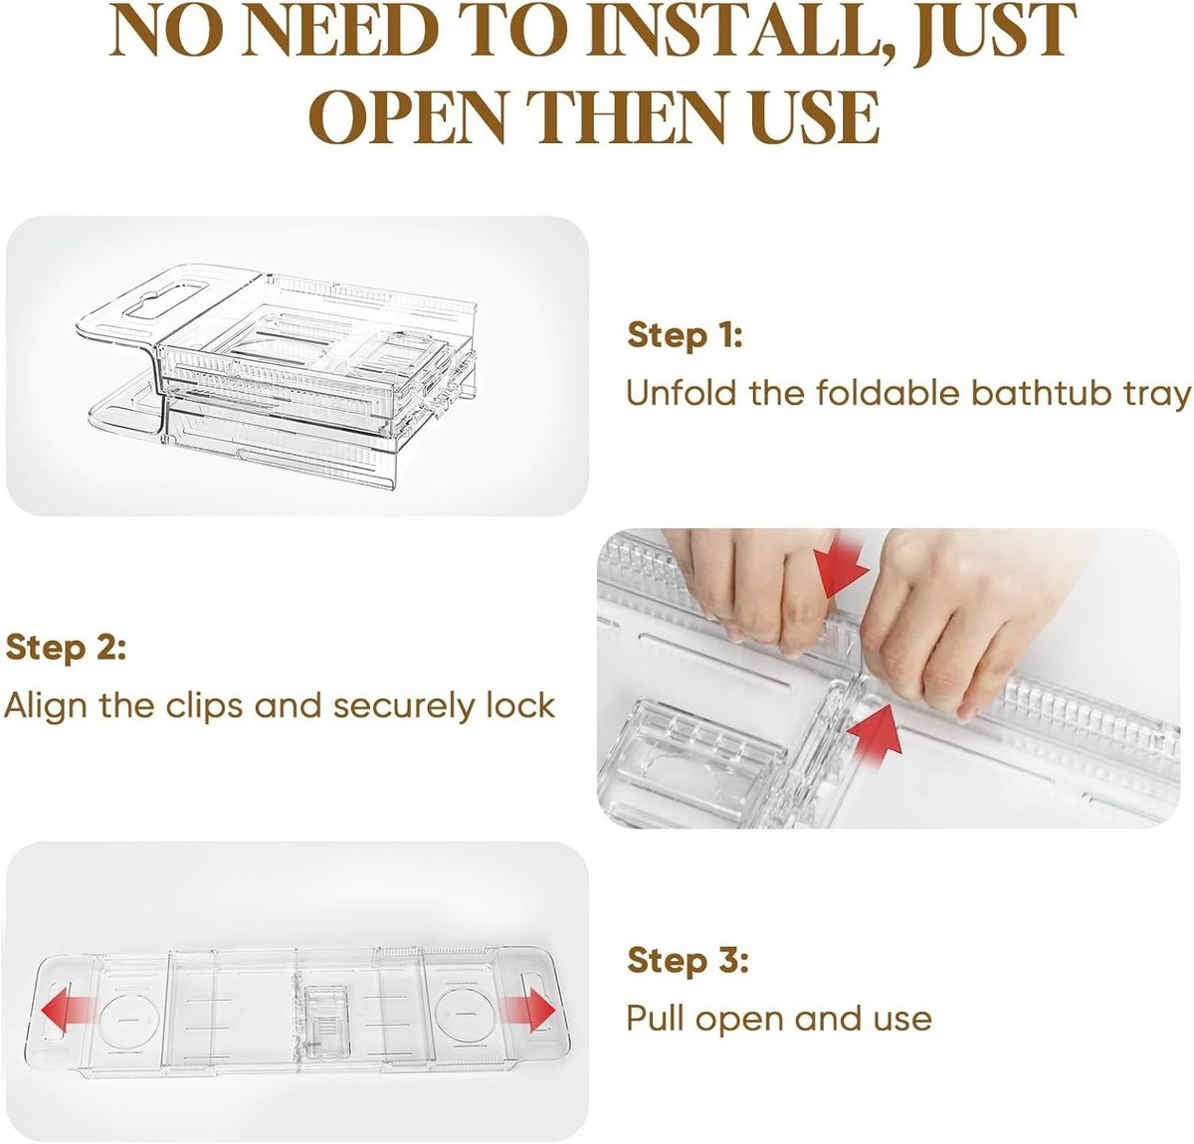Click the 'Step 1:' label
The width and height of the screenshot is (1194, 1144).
(x=685, y=336)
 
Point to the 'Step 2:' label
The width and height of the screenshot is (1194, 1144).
(x=66, y=648)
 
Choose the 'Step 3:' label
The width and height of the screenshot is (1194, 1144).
(x=688, y=960)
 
